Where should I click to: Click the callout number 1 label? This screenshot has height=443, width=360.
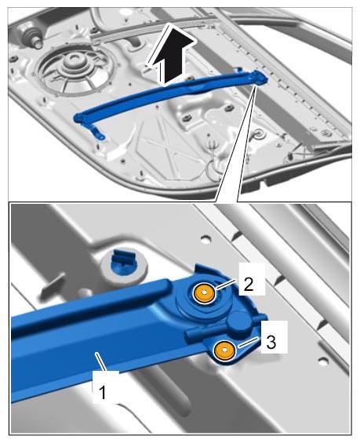pos(102,392)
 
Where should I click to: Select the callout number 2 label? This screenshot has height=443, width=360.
pos(249,284)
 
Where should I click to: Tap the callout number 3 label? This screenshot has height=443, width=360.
pos(271,342)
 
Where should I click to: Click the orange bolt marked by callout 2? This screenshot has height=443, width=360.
pos(204,293)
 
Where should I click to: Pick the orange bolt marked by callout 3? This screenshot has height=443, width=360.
pos(224,350)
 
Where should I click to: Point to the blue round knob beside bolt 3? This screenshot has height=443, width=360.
pos(240,321)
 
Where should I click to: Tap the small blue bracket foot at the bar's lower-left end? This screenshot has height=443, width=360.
pos(98,133)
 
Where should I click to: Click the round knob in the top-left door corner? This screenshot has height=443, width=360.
pos(31,35)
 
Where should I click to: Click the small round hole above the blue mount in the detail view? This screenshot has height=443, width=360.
pos(206,241)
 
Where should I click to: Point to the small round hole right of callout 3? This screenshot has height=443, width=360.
pos(323,361)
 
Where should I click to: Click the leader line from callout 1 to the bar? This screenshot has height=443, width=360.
pos(101,362)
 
